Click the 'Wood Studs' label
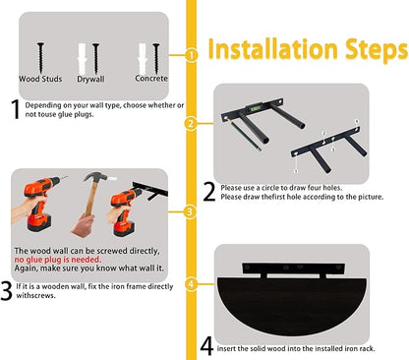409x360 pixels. [x=40, y=79]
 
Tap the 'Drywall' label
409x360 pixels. [x=90, y=80]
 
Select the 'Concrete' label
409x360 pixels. [x=151, y=79]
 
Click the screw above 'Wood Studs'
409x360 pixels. [x=40, y=58]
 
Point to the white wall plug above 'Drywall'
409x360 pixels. [x=82, y=58]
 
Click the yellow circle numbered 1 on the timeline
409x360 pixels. [x=191, y=55]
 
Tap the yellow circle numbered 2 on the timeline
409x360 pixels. [x=191, y=124]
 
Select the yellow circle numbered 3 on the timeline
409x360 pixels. [x=190, y=211]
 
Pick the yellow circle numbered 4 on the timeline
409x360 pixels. [x=191, y=284]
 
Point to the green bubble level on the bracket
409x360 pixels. [x=256, y=107]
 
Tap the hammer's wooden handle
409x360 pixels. [x=90, y=200]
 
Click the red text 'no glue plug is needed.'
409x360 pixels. [x=58, y=260]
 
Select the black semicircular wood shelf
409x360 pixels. [x=291, y=303]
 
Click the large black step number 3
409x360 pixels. [x=6, y=290]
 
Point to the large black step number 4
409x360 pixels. [x=206, y=346]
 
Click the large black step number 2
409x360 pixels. [x=209, y=192]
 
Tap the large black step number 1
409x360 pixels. [x=16, y=109]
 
